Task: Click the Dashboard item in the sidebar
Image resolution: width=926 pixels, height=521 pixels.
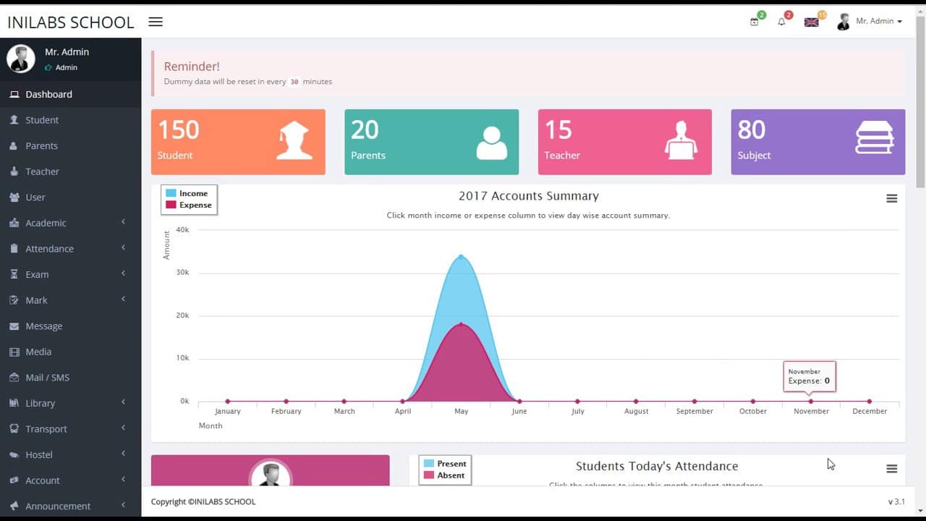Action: click(48, 94)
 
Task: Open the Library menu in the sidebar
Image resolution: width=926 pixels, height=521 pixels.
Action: click(40, 403)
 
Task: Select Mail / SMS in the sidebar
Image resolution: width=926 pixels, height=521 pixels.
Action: click(47, 378)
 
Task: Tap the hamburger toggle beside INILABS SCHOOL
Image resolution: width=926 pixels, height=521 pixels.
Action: click(156, 22)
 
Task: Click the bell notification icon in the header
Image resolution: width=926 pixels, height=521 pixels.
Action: click(781, 22)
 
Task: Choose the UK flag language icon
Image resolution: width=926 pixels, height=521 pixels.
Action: click(812, 22)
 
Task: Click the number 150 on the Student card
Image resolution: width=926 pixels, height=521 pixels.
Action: click(179, 130)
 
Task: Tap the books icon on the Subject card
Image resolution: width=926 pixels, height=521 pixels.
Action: click(874, 137)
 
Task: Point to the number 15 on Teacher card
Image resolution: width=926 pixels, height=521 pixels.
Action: click(558, 130)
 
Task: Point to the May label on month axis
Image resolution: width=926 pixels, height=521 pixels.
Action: click(461, 411)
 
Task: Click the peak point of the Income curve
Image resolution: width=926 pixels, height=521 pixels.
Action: click(461, 256)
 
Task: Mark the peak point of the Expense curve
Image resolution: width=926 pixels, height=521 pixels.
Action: click(461, 323)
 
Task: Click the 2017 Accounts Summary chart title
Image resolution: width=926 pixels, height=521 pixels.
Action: click(528, 196)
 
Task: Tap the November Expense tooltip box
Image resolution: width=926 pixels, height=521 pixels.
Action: click(809, 376)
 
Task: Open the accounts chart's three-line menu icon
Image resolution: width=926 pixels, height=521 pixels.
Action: click(891, 198)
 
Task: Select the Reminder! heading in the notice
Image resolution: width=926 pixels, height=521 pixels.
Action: click(192, 67)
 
